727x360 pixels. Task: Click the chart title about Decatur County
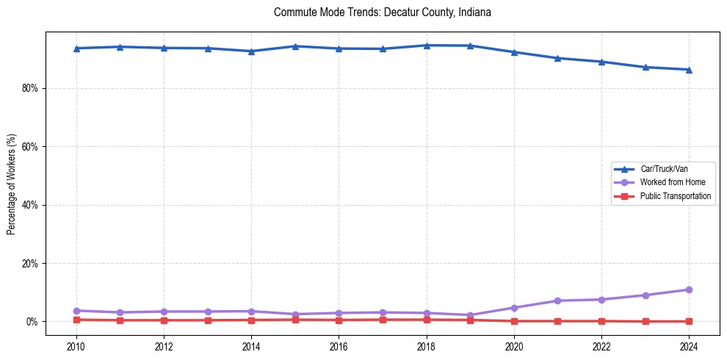382,12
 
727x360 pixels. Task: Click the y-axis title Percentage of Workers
11,184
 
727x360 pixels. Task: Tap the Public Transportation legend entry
675,196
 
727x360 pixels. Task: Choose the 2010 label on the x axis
76,346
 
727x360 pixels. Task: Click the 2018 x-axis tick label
426,346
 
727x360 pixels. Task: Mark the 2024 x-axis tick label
689,346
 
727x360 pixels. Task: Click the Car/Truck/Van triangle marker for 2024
689,70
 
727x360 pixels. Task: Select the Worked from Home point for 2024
689,289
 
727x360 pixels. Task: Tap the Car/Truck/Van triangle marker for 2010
76,48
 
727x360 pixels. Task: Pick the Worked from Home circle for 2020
514,308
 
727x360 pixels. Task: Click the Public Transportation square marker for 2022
601,321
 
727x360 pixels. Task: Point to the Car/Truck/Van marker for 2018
426,46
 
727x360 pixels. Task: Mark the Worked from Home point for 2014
251,312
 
